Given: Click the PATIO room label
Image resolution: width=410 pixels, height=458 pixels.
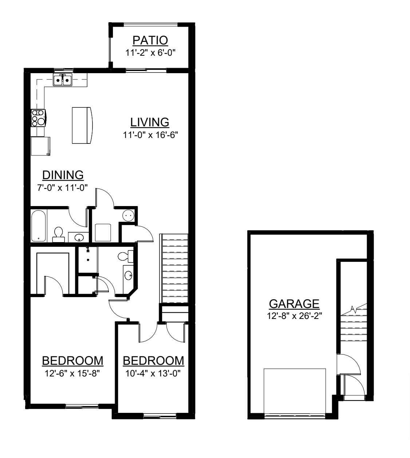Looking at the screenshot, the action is (150, 40).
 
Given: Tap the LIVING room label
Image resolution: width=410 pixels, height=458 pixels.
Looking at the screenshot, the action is (150, 122).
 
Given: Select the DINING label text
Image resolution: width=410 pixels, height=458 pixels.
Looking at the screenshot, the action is (63, 175).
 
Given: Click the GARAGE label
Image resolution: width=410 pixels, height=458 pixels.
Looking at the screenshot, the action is (294, 304).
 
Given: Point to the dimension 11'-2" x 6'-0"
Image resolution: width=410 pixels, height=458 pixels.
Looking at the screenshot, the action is (150, 53).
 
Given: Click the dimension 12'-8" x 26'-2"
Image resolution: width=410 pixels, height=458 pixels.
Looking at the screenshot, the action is (294, 316).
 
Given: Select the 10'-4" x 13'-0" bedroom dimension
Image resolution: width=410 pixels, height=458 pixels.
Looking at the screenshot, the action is (153, 373).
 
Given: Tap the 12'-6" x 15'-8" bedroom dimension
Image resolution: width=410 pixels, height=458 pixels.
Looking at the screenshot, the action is (72, 373).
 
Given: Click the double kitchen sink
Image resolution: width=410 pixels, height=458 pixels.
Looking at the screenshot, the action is (63, 80).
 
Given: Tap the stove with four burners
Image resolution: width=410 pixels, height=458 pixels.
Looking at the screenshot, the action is (39, 118).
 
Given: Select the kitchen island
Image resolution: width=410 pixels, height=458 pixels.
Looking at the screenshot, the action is (82, 125).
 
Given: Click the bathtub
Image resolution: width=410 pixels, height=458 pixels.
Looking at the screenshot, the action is (39, 225).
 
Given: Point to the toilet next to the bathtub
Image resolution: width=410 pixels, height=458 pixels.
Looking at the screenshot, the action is (59, 235).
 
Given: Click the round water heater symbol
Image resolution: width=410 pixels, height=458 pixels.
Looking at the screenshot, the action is (128, 216).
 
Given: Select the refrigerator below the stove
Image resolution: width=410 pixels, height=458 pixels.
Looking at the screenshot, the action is (40, 146).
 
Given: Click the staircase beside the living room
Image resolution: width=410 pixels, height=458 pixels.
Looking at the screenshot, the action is (174, 268).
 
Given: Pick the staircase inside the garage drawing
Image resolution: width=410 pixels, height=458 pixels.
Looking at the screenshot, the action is (354, 322).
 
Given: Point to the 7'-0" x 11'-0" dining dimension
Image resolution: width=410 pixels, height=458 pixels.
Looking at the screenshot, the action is (62, 187).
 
